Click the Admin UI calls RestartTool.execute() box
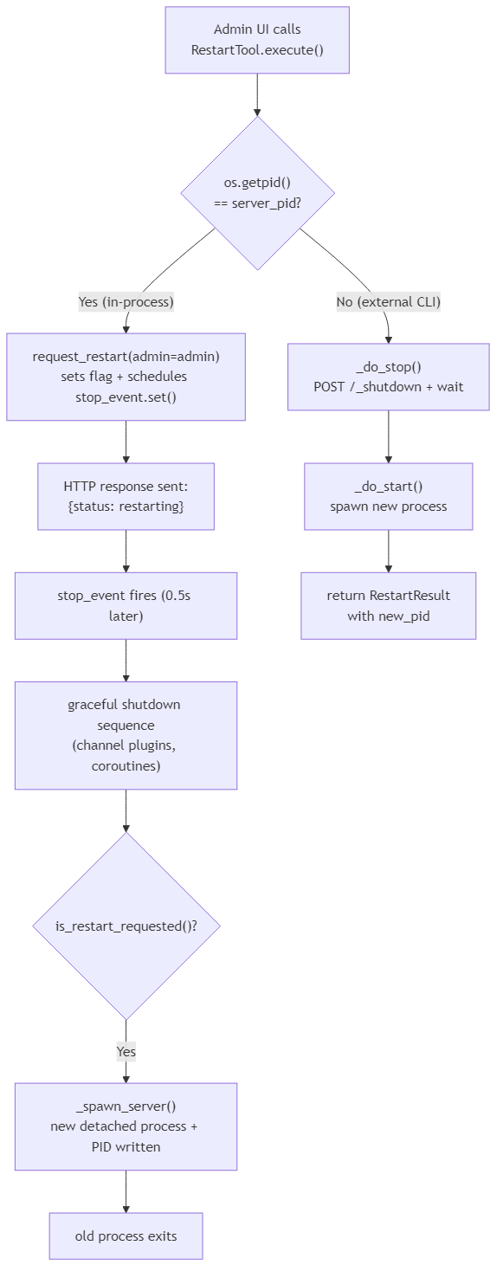[257, 40]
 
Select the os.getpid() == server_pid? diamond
[257, 193]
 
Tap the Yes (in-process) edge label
[126, 301]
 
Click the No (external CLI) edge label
[388, 301]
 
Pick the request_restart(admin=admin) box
[126, 377]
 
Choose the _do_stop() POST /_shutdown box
[388, 377]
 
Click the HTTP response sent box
[126, 496]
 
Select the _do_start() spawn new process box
[388, 496]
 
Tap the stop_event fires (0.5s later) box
[126, 605]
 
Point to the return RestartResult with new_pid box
[388, 605]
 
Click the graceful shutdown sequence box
[126, 735]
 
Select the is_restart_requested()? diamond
[126, 926]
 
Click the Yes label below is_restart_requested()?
[126, 1051]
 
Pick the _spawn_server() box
[126, 1126]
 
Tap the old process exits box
[126, 1236]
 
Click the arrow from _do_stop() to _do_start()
[388, 436]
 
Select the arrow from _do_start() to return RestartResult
[388, 551]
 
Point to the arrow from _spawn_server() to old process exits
[126, 1191]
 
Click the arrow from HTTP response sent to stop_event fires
[126, 551]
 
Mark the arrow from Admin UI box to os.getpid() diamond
[257, 94]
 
